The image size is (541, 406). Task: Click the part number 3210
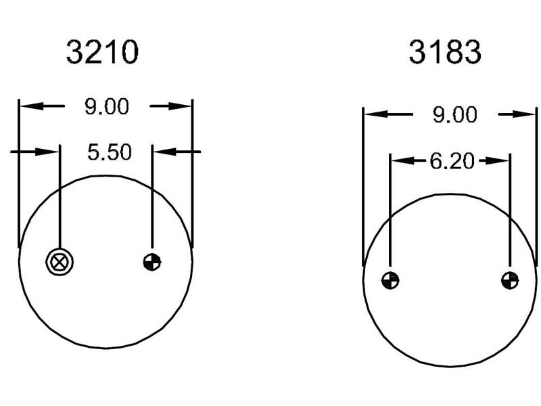102,52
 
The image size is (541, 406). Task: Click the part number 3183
444,52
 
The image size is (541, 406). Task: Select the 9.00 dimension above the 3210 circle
106,107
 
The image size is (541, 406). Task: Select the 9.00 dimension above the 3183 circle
454,115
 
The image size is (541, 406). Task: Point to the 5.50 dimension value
109,152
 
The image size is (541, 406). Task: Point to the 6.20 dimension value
450,161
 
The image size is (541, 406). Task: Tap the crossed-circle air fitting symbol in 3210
60,261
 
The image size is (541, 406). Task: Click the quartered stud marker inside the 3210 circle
152,261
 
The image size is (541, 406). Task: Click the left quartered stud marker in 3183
390,279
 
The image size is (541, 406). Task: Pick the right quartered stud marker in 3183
510,279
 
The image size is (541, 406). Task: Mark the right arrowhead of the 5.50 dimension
162,152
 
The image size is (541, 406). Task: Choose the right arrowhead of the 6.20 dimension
500,161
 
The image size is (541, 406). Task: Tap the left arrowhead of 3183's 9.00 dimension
373,115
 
